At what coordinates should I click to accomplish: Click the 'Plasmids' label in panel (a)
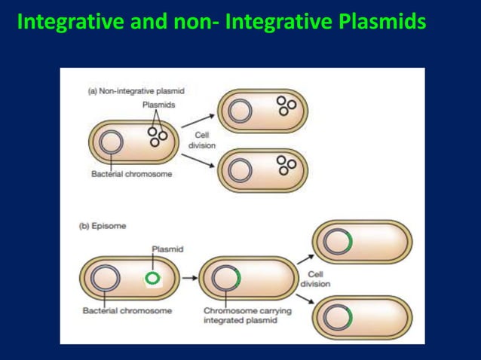(160, 105)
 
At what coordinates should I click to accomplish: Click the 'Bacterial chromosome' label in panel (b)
(126, 310)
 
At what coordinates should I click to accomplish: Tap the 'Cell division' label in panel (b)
(314, 279)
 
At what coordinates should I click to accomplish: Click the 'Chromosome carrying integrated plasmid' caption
(239, 316)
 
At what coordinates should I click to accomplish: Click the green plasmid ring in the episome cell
(153, 279)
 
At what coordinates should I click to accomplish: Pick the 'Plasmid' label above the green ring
(167, 248)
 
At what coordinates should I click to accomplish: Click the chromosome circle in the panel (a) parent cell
(112, 141)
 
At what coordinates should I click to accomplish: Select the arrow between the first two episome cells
(188, 278)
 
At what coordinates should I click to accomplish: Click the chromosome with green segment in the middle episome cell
(225, 278)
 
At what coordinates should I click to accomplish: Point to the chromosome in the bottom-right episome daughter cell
(336, 313)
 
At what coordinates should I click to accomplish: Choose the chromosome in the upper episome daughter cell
(336, 242)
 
